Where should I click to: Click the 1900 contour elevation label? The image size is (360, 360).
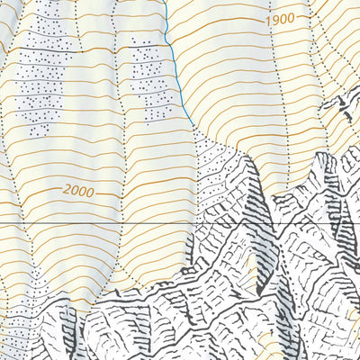click(280, 19)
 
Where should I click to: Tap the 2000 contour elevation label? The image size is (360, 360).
click(78, 190)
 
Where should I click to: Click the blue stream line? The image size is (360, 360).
click(172, 54)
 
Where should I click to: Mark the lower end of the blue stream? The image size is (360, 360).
click(192, 127)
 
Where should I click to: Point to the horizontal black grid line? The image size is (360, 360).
click(90, 222)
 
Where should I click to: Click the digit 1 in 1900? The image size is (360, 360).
click(268, 21)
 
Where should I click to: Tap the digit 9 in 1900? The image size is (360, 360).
click(275, 20)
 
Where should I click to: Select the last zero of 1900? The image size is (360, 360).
click(292, 17)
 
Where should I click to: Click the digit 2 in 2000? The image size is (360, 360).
click(67, 191)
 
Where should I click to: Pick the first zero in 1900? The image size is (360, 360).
click(283, 18)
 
